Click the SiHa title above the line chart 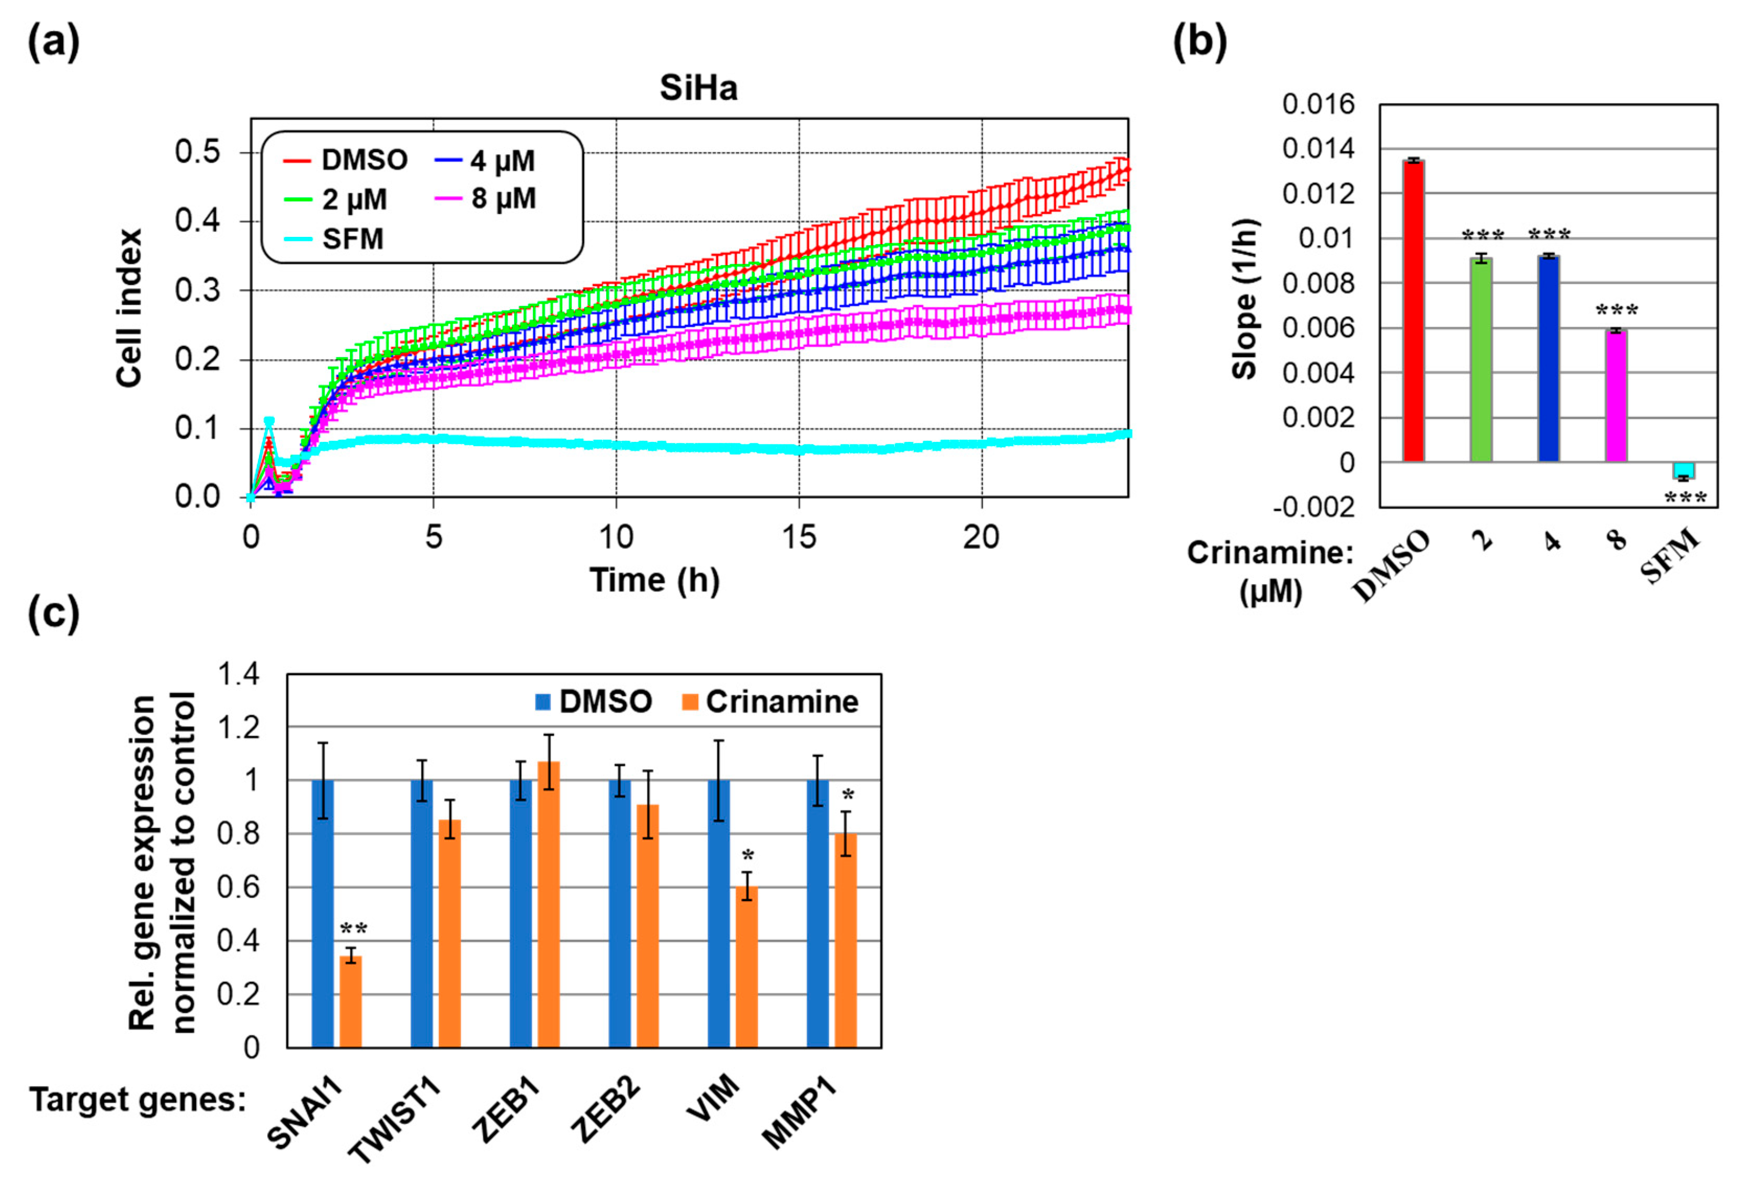[x=698, y=88]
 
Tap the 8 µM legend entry [x=485, y=199]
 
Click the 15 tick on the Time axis [x=799, y=537]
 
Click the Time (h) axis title [x=654, y=580]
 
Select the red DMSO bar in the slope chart [x=1413, y=311]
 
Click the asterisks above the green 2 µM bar [x=1483, y=237]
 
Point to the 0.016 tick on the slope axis [x=1318, y=104]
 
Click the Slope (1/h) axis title [x=1244, y=299]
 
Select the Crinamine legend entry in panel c [x=770, y=702]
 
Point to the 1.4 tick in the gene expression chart [x=238, y=674]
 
